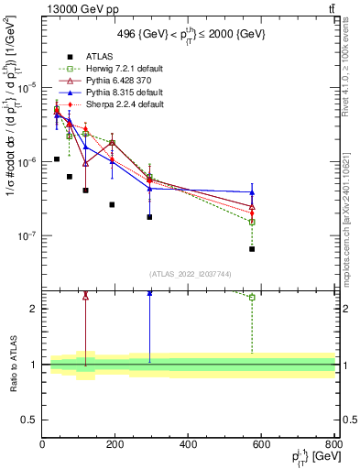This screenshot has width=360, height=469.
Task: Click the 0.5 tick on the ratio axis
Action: point(31,420)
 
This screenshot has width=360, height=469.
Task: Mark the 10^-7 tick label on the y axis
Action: point(27,235)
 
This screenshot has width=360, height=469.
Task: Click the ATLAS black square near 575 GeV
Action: point(252,249)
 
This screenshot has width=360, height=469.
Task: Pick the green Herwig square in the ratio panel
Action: point(252,297)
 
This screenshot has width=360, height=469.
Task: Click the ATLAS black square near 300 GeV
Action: point(149,217)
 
